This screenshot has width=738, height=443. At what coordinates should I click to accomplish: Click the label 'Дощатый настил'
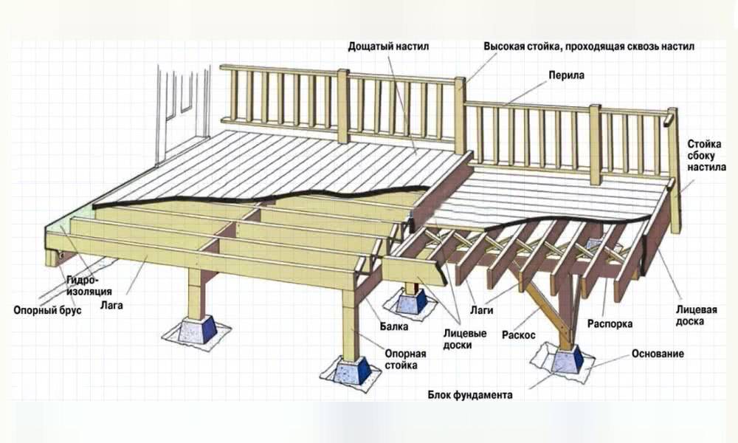tap(389, 47)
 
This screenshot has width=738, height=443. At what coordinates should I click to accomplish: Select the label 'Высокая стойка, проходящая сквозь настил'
tap(589, 47)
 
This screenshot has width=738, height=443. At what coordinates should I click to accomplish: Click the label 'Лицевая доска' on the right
tap(695, 315)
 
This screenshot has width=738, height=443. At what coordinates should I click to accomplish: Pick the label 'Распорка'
tap(610, 323)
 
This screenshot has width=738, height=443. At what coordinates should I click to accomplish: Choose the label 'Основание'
tap(658, 354)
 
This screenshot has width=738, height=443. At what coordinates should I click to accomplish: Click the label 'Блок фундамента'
tap(470, 394)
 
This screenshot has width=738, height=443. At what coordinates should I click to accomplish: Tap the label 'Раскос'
tap(518, 334)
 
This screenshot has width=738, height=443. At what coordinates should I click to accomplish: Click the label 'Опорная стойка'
tap(405, 359)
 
